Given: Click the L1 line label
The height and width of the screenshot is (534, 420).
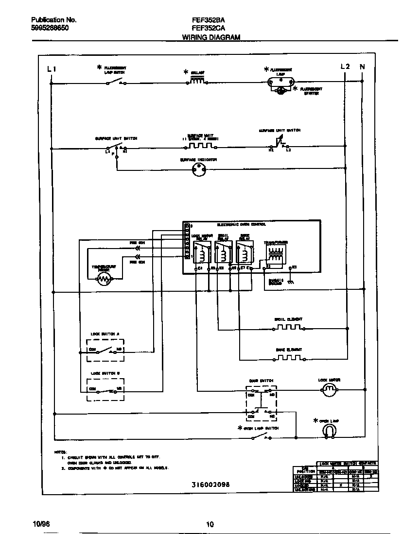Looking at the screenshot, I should click(52, 69).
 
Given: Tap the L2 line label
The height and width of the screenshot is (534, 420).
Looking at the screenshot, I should click(345, 67).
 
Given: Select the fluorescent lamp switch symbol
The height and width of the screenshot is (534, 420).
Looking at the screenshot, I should click(116, 83).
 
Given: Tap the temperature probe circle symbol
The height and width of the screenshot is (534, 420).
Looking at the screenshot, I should click(104, 279).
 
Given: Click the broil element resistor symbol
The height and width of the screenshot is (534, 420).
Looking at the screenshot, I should click(288, 328).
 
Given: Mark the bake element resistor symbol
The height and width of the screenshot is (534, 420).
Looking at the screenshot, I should click(288, 359).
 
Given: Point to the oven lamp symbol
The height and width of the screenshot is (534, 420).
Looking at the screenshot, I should click(329, 430).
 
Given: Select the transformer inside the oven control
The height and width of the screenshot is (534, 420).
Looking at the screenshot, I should click(275, 255).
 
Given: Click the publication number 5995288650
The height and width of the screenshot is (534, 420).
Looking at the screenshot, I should click(50, 29).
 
